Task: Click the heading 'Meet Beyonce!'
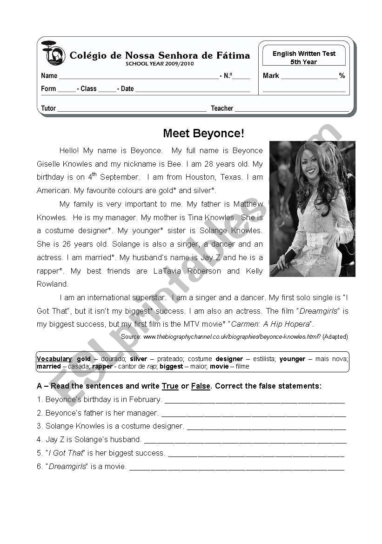[x=203, y=134]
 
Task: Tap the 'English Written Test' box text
[x=304, y=54]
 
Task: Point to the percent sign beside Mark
[x=342, y=76]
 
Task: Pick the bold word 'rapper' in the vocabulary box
[x=102, y=366]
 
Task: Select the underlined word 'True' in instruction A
[x=170, y=386]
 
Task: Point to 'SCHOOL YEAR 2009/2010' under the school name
[x=160, y=64]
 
